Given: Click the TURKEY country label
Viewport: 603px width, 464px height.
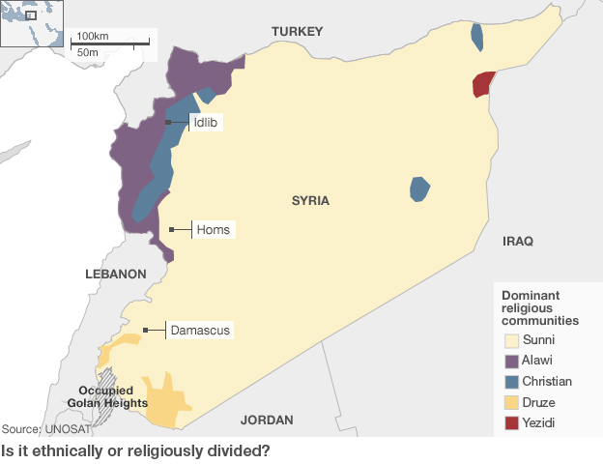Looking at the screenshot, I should (297, 32).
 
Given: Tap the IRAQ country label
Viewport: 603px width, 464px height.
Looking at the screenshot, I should (517, 241).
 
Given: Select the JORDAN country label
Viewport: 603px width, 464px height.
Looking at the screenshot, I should (267, 420).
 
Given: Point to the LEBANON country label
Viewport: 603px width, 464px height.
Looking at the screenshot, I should (115, 274).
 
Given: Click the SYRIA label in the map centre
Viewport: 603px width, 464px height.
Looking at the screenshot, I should (310, 201).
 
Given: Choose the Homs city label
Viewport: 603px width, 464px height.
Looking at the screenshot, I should (213, 230).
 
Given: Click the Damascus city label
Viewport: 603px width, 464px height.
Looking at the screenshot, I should (200, 331).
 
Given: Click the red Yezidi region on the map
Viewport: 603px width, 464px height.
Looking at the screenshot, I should (482, 84).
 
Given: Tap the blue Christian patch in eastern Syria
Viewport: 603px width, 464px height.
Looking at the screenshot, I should (419, 188).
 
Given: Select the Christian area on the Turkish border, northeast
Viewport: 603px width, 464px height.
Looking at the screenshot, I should (477, 37).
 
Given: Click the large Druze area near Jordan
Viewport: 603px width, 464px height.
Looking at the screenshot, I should (167, 399).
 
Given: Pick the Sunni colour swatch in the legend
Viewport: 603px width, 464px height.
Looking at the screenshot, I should (511, 340).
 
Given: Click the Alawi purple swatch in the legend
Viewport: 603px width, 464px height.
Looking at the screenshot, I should (511, 361).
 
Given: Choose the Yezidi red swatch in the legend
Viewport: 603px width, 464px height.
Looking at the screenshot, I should (511, 422).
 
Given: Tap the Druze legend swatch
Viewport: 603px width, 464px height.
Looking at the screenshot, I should (511, 402).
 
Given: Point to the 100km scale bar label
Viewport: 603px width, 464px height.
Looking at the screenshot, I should (93, 36).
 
